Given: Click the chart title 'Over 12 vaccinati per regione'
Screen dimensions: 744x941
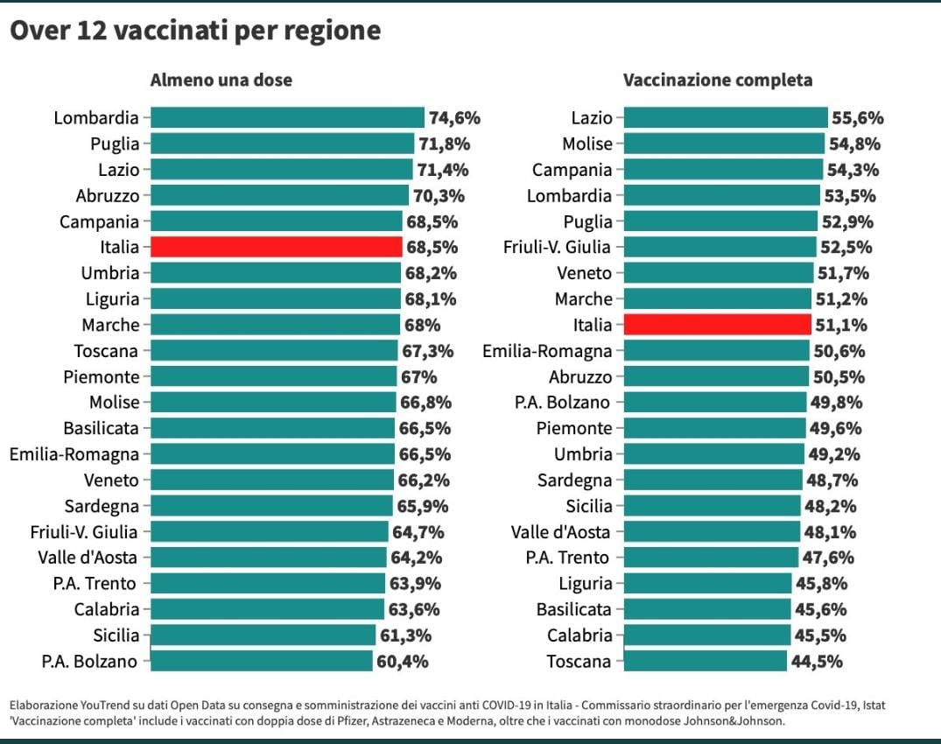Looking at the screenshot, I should click(195, 32).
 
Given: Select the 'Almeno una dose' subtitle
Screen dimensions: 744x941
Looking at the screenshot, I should click(221, 81).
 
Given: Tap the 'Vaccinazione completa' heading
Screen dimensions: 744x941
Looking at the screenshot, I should click(717, 81).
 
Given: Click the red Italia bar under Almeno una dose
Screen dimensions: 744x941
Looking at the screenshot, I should click(276, 247).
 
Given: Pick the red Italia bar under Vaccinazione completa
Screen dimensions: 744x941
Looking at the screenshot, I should click(717, 325).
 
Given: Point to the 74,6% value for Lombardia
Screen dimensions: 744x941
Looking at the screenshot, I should click(454, 118).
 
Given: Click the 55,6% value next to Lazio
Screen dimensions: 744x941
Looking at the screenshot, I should click(857, 118).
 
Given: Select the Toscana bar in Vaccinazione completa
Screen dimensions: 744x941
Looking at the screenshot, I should click(705, 661).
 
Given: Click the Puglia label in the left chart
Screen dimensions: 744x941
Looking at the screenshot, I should click(115, 144).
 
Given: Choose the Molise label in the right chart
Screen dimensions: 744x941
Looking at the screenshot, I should click(586, 144).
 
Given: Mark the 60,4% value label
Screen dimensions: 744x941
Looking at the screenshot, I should click(402, 662).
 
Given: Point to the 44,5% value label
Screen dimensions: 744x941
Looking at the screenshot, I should click(817, 662).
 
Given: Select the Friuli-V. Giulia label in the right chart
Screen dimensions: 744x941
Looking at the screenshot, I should click(557, 247).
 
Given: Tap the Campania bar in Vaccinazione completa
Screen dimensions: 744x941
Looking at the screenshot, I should click(723, 170).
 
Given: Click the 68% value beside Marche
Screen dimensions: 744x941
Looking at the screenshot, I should click(422, 325).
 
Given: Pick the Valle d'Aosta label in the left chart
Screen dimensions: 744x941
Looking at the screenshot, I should click(88, 558).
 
